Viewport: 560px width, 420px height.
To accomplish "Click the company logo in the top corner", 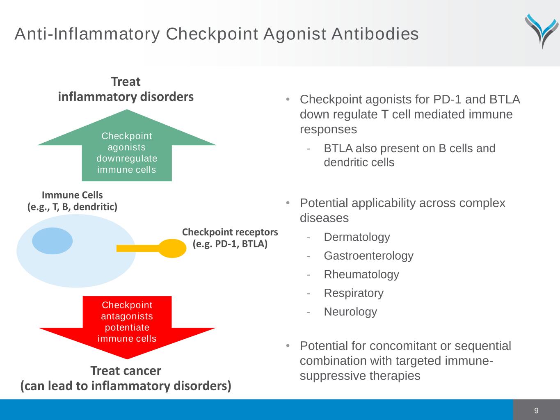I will (x=542, y=31).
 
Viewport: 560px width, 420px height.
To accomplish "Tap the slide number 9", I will (x=536, y=411).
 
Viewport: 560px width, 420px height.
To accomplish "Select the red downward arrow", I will (x=127, y=326).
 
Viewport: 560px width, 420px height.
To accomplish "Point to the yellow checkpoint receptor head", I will (x=172, y=248).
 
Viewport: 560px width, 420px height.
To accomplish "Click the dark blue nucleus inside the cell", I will (x=53, y=241).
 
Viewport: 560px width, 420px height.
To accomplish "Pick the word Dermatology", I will (x=357, y=237).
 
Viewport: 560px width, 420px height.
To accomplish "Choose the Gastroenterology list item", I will (x=368, y=256).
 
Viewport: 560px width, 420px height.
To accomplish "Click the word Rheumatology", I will (x=361, y=274).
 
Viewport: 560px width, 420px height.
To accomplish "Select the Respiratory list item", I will (x=353, y=293).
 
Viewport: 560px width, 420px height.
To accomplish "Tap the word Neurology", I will (x=350, y=312).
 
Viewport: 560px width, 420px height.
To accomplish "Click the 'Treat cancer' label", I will (x=126, y=371).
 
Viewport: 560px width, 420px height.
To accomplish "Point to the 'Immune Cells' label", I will (x=72, y=195).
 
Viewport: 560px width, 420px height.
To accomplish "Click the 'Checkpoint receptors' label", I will (x=230, y=232).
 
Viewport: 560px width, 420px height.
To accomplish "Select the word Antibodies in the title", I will (x=375, y=34).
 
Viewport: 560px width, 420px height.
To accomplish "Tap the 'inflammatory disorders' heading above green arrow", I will (x=126, y=97).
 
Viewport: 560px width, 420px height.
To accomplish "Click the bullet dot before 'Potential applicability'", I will (x=288, y=203).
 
